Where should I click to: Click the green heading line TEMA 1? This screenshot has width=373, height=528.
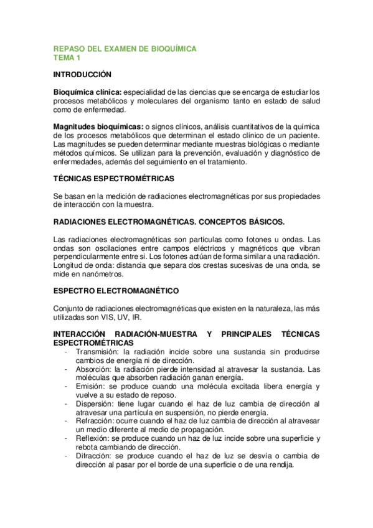(67, 59)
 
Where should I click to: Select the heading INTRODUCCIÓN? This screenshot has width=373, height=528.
(82, 75)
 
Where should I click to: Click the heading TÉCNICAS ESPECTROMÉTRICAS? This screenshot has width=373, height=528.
(114, 179)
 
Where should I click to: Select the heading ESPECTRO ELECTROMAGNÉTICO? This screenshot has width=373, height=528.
(116, 291)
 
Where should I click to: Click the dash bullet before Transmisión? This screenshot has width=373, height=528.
(67, 352)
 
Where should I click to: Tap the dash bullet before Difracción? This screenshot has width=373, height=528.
(67, 456)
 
